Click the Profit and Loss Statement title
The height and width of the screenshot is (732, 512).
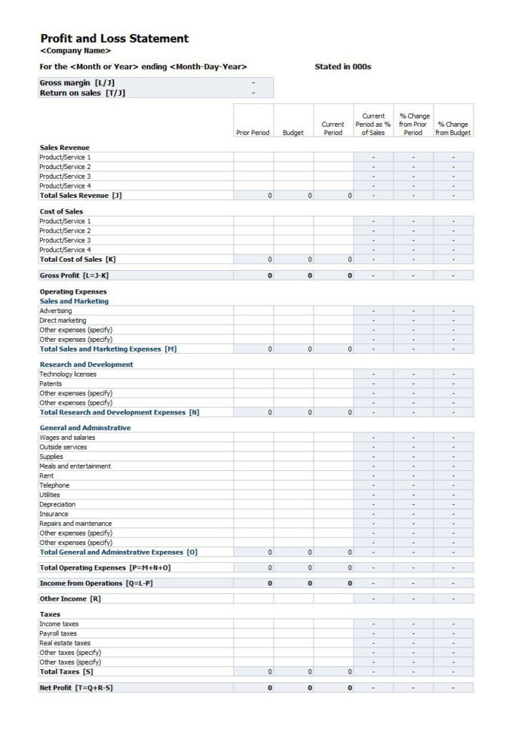pos(114,38)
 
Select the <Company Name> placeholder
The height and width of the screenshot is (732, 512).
pos(75,51)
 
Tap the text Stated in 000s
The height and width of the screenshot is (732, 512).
pos(342,67)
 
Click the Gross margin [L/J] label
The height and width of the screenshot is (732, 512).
pos(77,82)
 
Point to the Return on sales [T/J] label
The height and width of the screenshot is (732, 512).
pos(82,93)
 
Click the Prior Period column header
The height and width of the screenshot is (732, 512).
pos(253,133)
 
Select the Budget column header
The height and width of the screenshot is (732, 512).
pos(293,133)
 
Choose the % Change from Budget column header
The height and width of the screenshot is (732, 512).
pos(453,128)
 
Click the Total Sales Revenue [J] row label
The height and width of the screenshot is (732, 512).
pos(81,195)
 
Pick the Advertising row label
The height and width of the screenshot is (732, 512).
pos(56,311)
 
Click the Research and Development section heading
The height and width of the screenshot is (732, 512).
pos(86,364)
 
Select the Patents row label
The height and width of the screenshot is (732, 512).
pos(51,384)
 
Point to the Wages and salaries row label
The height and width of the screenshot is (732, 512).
pos(67,438)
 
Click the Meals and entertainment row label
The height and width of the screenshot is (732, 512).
pos(75,466)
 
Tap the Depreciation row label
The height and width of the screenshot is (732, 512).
pos(57,505)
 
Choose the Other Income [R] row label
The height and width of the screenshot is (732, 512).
pos(70,599)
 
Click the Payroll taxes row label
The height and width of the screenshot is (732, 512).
pos(58,634)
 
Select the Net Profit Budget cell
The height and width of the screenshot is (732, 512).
pos(293,688)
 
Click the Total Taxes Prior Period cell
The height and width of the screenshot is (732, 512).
pos(253,672)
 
